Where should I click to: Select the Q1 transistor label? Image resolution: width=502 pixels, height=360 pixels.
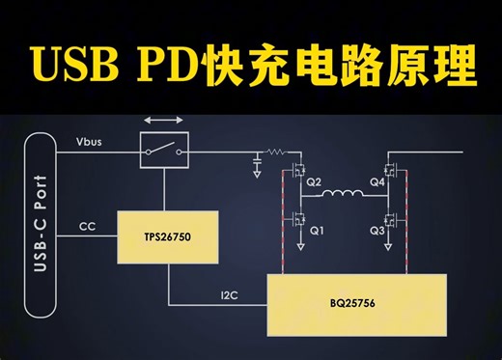[315, 231]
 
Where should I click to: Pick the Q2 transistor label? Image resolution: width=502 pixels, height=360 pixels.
[314, 181]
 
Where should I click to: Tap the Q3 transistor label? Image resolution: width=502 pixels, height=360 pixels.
[376, 231]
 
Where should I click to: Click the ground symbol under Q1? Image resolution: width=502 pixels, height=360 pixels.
[299, 248]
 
